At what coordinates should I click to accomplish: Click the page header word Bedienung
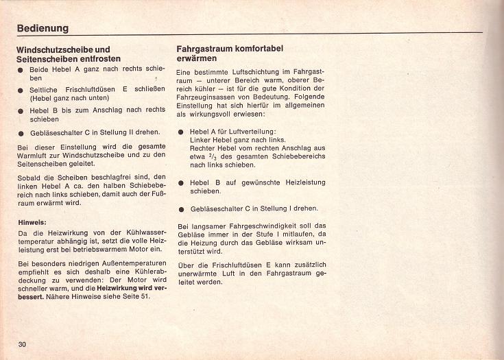pos(43,28)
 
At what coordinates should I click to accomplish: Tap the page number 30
pos(22,344)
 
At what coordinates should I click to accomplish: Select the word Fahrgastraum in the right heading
pos(206,49)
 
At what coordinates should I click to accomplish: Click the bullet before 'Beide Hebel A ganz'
pos(21,70)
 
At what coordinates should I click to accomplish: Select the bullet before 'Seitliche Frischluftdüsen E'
pos(21,90)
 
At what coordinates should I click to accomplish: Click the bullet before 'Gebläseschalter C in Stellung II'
pos(21,132)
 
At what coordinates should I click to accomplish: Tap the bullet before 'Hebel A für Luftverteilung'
pos(180,132)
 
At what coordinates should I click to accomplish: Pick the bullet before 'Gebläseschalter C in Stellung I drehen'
pos(180,208)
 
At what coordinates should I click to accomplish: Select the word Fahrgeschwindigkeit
pos(257,226)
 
